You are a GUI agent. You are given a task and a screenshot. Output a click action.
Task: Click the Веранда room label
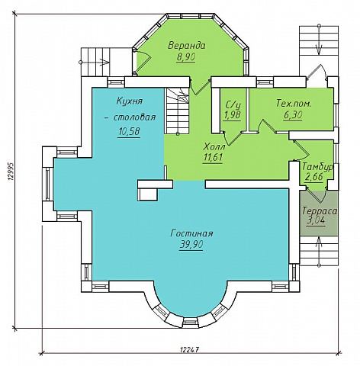pyautogui.click(x=187, y=46)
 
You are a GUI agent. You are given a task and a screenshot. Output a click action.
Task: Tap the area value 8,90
pyautogui.click(x=186, y=57)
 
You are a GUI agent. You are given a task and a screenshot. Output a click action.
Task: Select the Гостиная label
pyautogui.click(x=191, y=233)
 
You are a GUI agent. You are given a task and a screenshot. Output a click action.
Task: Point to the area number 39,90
pyautogui.click(x=191, y=245)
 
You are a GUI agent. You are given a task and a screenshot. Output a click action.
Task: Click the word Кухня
pyautogui.click(x=129, y=101)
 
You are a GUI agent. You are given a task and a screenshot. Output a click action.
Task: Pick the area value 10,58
pyautogui.click(x=129, y=132)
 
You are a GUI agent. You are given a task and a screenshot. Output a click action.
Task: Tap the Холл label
pyautogui.click(x=214, y=146)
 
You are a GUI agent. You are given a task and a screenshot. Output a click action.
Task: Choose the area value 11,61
pyautogui.click(x=213, y=158)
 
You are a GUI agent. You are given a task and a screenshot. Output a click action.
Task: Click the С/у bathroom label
pyautogui.click(x=233, y=104)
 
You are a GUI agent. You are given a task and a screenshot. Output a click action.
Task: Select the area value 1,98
pyautogui.click(x=233, y=115)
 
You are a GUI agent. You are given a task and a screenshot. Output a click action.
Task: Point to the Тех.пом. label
pyautogui.click(x=294, y=104)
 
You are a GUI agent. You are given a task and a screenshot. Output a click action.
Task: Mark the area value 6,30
pyautogui.click(x=293, y=115)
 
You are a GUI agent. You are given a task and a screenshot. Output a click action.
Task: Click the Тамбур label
pyautogui.click(x=317, y=166)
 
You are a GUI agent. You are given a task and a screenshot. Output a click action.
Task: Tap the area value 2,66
pyautogui.click(x=314, y=176)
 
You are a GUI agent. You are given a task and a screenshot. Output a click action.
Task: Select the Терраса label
pyautogui.click(x=320, y=210)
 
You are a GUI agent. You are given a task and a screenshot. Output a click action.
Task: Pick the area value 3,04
pyautogui.click(x=316, y=220)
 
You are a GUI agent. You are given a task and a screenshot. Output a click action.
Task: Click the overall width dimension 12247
pyautogui.click(x=189, y=349)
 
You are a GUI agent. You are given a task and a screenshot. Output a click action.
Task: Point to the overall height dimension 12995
pyautogui.click(x=10, y=172)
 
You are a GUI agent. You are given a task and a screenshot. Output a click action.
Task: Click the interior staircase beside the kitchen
pyautogui.click(x=178, y=111)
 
